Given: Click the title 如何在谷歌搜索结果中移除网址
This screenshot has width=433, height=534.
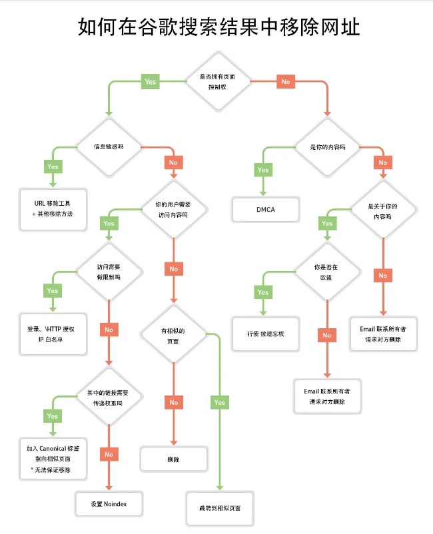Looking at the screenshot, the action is click(x=218, y=27).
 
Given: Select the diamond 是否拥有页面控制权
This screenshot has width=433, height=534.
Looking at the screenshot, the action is click(x=218, y=81).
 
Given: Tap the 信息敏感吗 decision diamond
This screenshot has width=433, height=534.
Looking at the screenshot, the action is click(x=109, y=147).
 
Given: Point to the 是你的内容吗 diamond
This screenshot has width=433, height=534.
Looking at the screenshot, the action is click(x=327, y=147).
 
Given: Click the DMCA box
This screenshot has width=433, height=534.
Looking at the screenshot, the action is click(x=266, y=210).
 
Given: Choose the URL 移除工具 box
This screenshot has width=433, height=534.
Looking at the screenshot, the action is click(x=53, y=209).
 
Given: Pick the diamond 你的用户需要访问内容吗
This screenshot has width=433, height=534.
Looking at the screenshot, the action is click(x=174, y=209).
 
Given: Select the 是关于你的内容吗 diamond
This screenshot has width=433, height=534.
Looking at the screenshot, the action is click(x=383, y=209).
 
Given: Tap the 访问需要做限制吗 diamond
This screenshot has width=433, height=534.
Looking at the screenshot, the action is click(x=109, y=272).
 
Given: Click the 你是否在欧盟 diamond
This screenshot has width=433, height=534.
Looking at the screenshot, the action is click(x=327, y=272).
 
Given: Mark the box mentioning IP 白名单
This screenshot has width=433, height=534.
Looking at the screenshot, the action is click(x=53, y=334).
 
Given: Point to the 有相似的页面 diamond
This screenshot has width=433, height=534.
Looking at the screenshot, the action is click(x=174, y=334).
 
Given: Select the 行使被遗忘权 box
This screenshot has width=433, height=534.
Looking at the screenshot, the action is click(x=266, y=334).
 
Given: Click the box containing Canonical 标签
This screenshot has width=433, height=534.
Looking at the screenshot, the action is click(x=53, y=459).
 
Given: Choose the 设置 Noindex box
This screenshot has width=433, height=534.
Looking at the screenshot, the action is click(x=109, y=503).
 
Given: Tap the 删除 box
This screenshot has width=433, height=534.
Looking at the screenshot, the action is click(x=174, y=459).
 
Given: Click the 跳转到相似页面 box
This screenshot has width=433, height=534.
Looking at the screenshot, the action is click(x=220, y=508).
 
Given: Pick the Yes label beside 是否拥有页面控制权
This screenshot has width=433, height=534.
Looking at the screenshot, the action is click(x=151, y=82).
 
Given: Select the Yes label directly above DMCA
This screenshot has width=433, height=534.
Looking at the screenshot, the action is click(x=263, y=170).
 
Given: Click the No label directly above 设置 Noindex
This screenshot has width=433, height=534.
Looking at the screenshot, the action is click(x=109, y=454).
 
